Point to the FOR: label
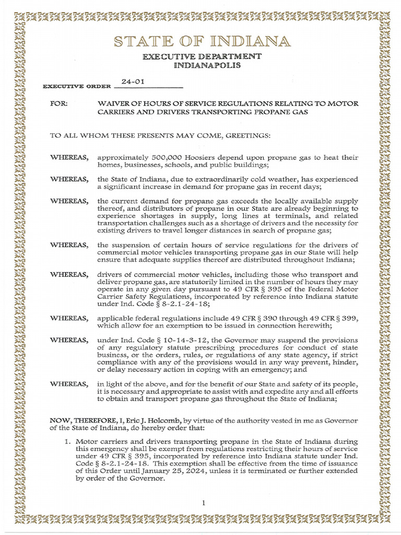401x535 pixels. coord(58,104)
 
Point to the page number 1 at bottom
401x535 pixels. coord(205,503)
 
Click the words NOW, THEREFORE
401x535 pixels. coord(78,420)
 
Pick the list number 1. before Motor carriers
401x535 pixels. coord(67,441)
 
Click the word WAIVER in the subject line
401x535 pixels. coord(111,104)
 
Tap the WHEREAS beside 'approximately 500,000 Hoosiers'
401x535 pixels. coord(69,157)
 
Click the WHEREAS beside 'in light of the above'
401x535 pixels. coord(69,384)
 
